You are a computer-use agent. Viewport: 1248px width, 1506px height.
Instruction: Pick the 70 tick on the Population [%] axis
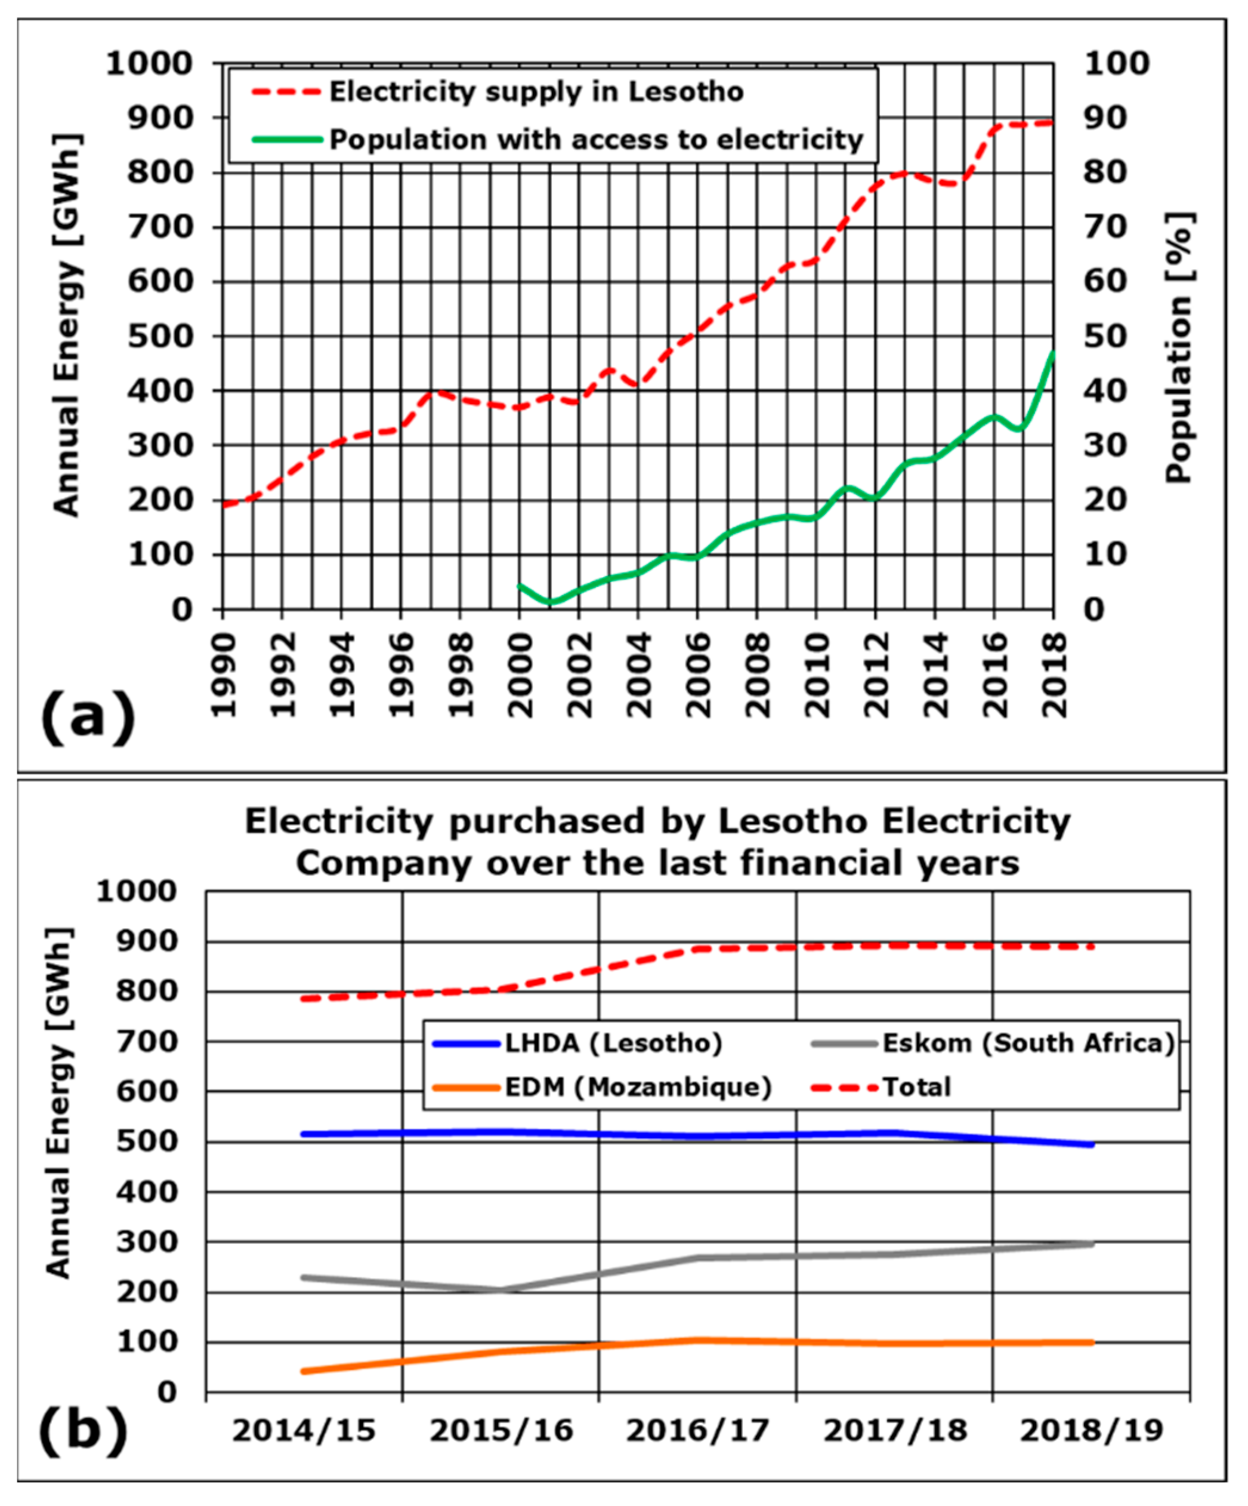[x=1105, y=227]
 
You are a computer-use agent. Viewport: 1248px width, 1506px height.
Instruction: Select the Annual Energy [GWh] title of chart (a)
[x=67, y=324]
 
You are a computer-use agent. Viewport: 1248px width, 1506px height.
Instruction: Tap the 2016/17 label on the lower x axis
[x=697, y=1431]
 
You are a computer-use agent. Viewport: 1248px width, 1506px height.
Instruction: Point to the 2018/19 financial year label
[x=1092, y=1431]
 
